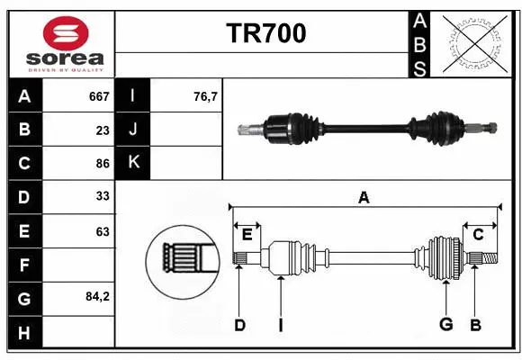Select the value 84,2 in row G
[97, 296]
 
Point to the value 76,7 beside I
[205, 96]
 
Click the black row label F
[24, 265]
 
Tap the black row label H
[24, 332]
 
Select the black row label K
[134, 163]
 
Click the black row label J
[134, 130]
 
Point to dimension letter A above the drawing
[364, 198]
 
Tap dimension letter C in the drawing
[479, 235]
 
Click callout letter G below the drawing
[445, 325]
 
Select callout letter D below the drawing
[239, 325]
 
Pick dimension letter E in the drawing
[247, 235]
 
